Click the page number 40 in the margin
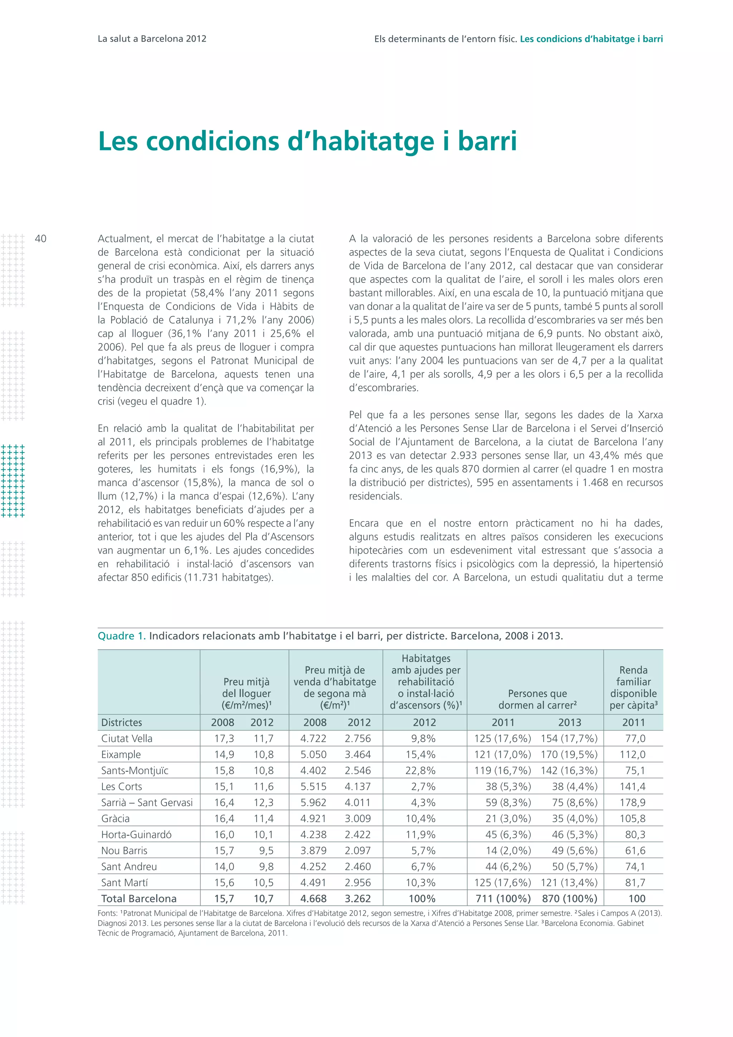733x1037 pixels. (x=40, y=238)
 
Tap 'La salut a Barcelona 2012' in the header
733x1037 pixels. (x=152, y=39)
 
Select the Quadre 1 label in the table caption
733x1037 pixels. (x=121, y=636)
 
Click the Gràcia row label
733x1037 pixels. (x=116, y=819)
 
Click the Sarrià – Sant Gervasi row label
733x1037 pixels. (x=147, y=802)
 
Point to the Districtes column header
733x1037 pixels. (x=121, y=722)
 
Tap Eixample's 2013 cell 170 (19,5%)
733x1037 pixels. (x=569, y=754)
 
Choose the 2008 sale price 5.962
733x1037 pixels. (x=313, y=802)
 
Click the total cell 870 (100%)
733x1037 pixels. (x=569, y=898)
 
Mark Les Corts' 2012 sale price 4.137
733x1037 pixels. (x=358, y=786)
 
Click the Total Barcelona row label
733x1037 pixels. (x=139, y=898)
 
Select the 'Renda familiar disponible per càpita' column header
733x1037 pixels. (x=633, y=688)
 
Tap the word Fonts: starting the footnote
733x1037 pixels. (x=108, y=913)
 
